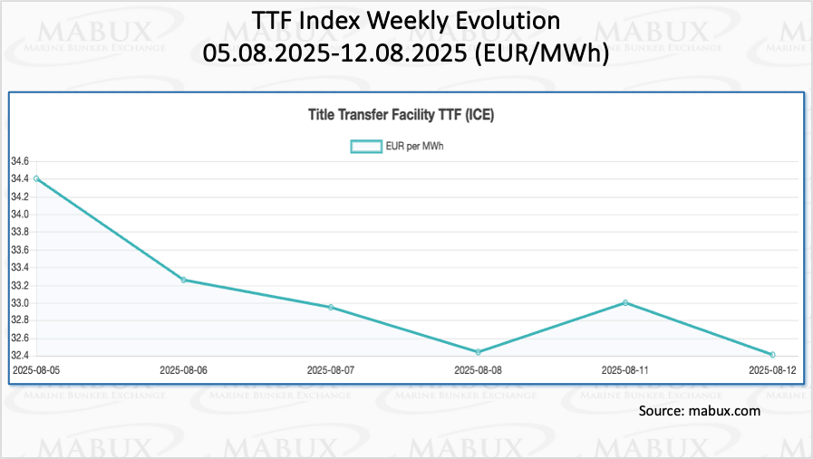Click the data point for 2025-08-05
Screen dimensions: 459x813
tap(36, 178)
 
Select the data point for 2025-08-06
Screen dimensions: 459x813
tap(184, 280)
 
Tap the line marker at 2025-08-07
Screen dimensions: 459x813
tap(331, 307)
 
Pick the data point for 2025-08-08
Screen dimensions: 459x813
tap(478, 351)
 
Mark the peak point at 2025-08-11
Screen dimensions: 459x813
tap(625, 302)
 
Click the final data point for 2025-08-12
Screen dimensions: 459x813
tap(772, 354)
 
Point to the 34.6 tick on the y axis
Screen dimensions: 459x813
tap(20, 161)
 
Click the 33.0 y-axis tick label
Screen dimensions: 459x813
tap(20, 302)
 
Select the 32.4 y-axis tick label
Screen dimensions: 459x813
tap(20, 356)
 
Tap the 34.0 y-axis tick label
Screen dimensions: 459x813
tap(20, 215)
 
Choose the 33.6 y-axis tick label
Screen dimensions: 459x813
tap(20, 250)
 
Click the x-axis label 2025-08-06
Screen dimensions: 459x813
tap(184, 370)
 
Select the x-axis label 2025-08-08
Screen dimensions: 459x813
tap(478, 370)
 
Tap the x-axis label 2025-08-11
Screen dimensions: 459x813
tap(625, 370)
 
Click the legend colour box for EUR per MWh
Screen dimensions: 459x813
tap(365, 146)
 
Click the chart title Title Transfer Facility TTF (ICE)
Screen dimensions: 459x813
tap(401, 115)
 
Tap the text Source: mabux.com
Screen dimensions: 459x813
tap(699, 411)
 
